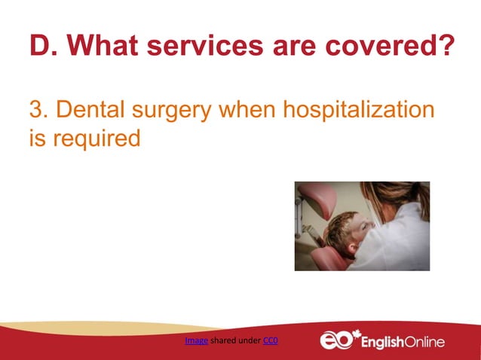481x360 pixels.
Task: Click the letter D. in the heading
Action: click(x=42, y=46)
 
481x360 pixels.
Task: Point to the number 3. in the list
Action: click(x=38, y=110)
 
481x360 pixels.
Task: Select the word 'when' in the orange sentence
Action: click(x=247, y=110)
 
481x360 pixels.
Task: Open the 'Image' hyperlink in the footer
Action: click(x=196, y=341)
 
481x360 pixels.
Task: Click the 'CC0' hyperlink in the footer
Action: click(x=271, y=341)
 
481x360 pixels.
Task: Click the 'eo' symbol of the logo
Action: click(x=336, y=341)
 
